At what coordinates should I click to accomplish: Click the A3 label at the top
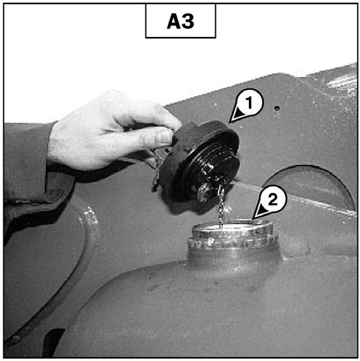tap(180, 21)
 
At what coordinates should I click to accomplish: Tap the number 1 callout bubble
tap(249, 103)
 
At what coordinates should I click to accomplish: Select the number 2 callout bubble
tap(273, 200)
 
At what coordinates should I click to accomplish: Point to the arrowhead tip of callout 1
tap(230, 121)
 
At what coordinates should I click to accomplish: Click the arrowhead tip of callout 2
tap(253, 219)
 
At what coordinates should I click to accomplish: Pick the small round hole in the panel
tap(278, 108)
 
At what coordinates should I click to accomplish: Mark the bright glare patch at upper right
tap(340, 82)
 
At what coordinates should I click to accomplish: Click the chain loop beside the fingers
tap(155, 168)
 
